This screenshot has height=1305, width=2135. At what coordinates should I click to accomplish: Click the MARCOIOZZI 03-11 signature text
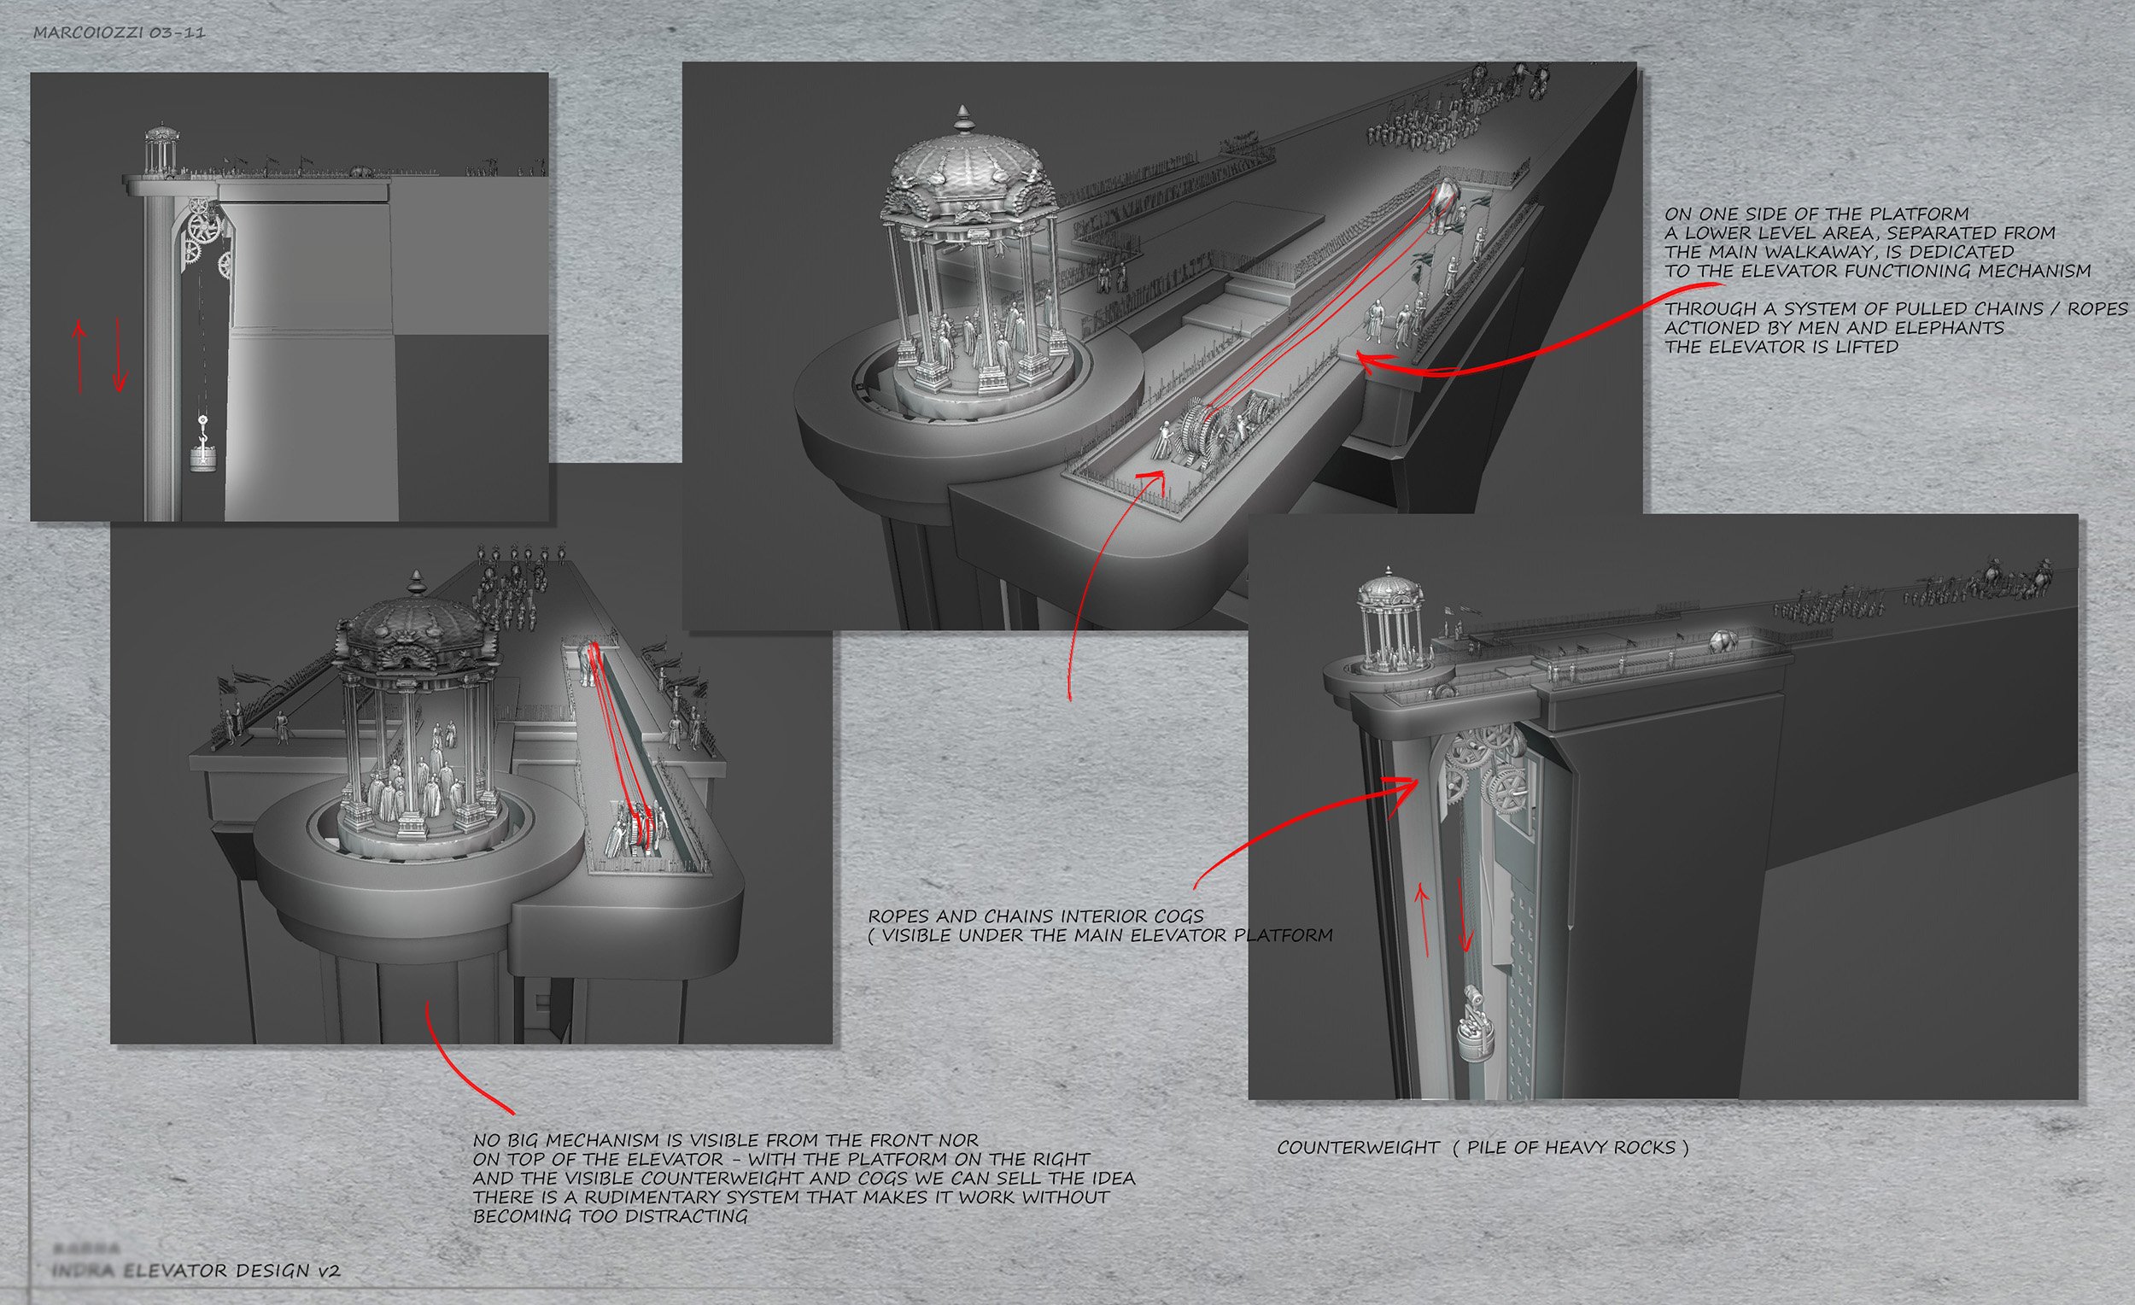(119, 34)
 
